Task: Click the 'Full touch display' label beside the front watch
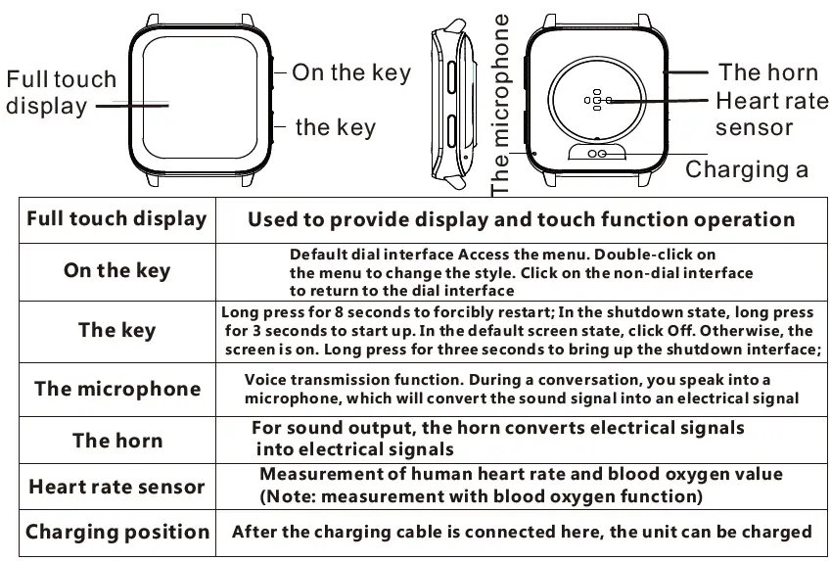[61, 92]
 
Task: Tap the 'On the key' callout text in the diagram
[351, 72]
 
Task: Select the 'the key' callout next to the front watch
[335, 127]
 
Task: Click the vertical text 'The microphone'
[501, 104]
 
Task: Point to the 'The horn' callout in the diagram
[767, 71]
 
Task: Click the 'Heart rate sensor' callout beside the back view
[771, 114]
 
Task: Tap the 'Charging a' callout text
[747, 169]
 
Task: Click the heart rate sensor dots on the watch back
[596, 99]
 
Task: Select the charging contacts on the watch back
[597, 152]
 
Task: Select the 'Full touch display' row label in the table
[116, 218]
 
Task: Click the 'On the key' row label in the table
[116, 270]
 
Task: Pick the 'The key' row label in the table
[116, 330]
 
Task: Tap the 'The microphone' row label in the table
[116, 389]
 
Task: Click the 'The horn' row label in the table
[116, 440]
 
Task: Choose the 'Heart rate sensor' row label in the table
[116, 487]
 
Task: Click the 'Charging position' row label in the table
[116, 533]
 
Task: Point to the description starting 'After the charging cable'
[522, 533]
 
